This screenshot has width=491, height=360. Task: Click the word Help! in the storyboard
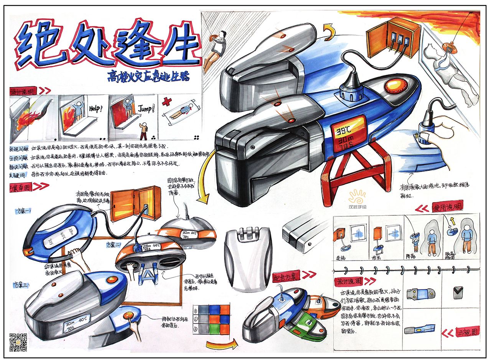coord(96,108)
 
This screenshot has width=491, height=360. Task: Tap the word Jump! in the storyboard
coord(146,108)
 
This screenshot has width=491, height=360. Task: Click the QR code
coord(18,342)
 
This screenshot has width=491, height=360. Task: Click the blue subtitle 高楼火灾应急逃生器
coord(148,76)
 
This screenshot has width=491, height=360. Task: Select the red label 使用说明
coord(447,207)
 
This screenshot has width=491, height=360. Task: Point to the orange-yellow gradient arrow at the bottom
coord(220,344)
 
